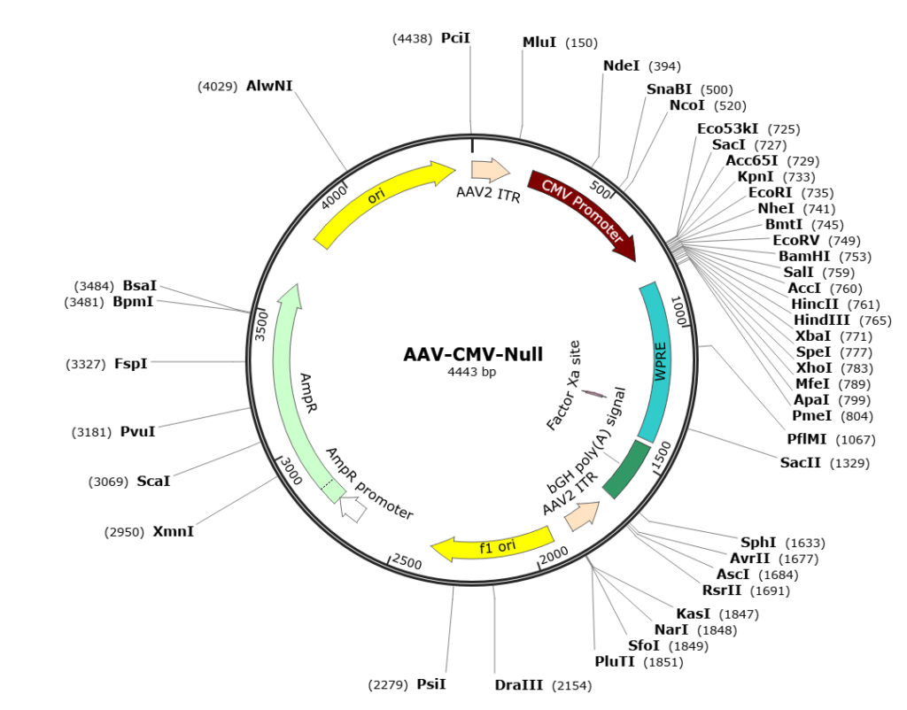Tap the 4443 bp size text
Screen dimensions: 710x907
pos(472,372)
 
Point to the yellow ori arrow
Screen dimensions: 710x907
pos(381,198)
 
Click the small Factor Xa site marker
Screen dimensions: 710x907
pos(593,394)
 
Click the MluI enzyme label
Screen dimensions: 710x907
pos(539,42)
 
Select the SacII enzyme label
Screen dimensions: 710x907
pos(801,463)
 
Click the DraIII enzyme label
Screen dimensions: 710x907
pos(520,685)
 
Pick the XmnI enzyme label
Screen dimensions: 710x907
pos(173,531)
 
